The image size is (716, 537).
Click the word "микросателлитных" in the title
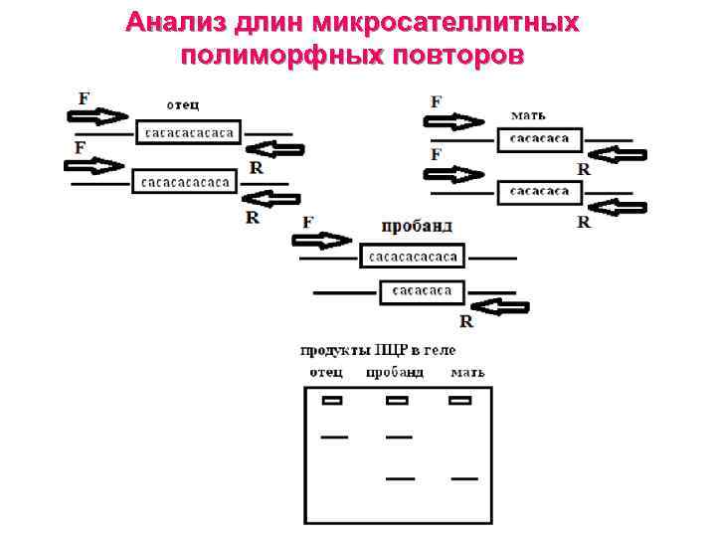pos(445,22)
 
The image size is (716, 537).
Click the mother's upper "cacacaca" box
pos(539,139)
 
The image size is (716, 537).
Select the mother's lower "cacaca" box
pos(539,190)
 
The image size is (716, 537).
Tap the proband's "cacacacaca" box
pos(413,258)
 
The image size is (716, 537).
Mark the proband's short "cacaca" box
pos(422,291)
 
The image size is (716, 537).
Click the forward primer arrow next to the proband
pos(321,241)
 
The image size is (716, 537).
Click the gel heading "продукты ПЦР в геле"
pos(378,350)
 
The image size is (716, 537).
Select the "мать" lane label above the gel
pos(467,373)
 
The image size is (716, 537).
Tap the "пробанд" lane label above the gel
pos(394,373)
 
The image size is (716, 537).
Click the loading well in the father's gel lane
pos(331,401)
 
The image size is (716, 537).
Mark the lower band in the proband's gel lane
pos(400,478)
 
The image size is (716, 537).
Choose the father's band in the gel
pos(333,437)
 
